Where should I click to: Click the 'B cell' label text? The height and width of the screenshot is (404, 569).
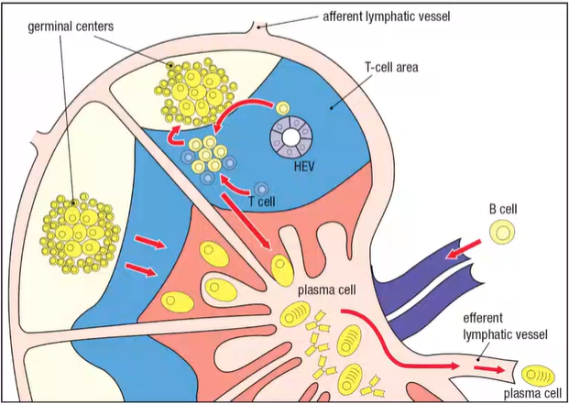pos(503,209)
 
